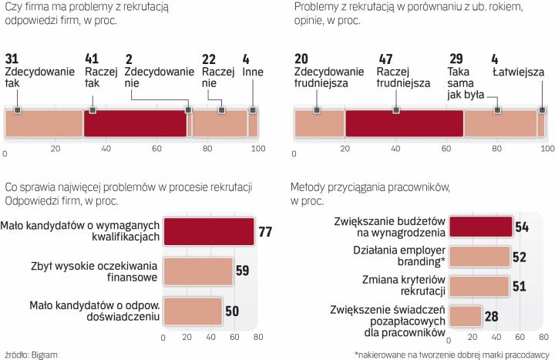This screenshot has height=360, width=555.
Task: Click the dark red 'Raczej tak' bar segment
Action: pyautogui.click(x=135, y=123)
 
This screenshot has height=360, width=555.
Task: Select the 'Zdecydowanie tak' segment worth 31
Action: pyautogui.click(x=44, y=123)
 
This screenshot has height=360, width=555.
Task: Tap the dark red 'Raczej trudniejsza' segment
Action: pyautogui.click(x=404, y=123)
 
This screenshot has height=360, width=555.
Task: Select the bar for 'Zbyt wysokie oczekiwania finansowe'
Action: pyautogui.click(x=198, y=271)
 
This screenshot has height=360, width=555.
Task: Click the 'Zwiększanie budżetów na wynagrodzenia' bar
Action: pyautogui.click(x=480, y=226)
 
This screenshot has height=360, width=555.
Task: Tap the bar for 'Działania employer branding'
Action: pyautogui.click(x=479, y=255)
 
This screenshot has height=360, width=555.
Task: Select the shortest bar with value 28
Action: pyautogui.click(x=465, y=317)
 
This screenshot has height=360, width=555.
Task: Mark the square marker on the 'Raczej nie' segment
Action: pyautogui.click(x=222, y=112)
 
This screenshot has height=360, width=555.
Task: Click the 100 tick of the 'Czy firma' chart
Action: pyautogui.click(x=258, y=147)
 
